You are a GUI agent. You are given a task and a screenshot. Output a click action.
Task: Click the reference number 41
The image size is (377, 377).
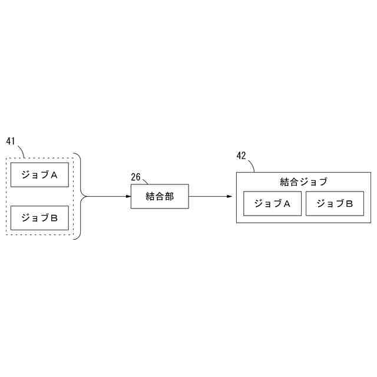(x=11, y=141)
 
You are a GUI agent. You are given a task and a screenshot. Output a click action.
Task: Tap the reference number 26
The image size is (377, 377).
(x=135, y=176)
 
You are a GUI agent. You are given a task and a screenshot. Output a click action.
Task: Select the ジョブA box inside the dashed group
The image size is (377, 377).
(x=39, y=175)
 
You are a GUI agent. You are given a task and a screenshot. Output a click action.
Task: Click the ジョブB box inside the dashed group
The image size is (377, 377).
(x=39, y=218)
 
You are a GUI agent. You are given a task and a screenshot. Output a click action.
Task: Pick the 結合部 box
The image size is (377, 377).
(x=160, y=196)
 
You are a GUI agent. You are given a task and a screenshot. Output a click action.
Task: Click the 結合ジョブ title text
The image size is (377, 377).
(x=303, y=181)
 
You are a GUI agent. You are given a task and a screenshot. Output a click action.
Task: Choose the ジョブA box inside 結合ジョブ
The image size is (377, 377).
(x=272, y=204)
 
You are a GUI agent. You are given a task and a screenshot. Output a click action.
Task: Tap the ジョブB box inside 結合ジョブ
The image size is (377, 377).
(x=335, y=204)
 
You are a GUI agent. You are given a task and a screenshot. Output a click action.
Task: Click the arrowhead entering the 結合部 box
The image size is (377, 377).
(x=127, y=196)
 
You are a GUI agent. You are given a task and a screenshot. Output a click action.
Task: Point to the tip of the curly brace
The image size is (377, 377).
(x=87, y=196)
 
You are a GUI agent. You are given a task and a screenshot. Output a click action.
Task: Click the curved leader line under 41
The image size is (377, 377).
(x=22, y=151)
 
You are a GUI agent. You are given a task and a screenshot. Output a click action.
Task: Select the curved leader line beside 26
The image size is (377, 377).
(x=145, y=181)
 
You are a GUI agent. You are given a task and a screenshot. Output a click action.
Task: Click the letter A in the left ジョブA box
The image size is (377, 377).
(x=54, y=175)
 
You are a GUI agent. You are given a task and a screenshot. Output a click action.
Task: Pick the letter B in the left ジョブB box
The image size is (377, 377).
(x=54, y=218)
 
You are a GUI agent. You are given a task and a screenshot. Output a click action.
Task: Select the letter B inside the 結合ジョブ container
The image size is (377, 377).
(x=349, y=204)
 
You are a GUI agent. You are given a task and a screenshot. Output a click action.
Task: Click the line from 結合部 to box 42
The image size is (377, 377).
(x=209, y=196)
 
